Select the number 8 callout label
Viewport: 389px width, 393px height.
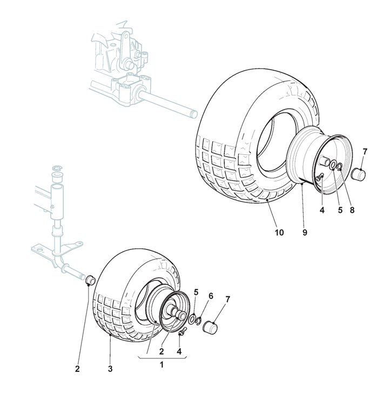[352, 211]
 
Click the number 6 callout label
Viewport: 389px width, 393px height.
[211, 296]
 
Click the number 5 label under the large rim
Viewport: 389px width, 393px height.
[340, 211]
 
